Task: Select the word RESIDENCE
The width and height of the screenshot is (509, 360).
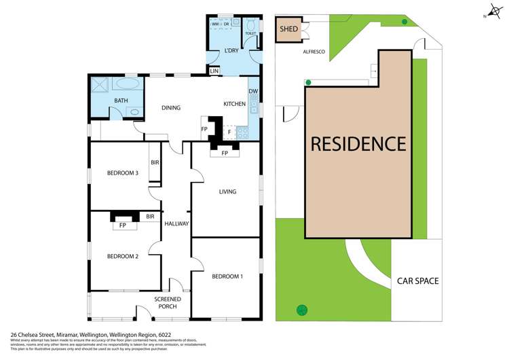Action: [x=358, y=144]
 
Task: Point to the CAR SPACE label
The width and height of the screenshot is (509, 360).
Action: [x=417, y=281]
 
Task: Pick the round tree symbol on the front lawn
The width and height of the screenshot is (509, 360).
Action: [x=301, y=310]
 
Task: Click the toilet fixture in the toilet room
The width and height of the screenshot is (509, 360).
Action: [x=250, y=22]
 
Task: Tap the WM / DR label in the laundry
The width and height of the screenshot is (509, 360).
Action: [x=223, y=24]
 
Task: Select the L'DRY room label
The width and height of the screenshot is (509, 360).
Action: [x=233, y=52]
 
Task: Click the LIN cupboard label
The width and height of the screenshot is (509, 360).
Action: [x=214, y=71]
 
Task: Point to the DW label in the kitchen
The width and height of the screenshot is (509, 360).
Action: [x=253, y=92]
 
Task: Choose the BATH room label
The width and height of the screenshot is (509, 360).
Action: [x=121, y=101]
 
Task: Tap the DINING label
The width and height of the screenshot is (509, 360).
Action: [x=170, y=107]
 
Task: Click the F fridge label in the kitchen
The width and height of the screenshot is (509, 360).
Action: [x=229, y=132]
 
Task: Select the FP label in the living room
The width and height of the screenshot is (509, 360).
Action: [x=225, y=154]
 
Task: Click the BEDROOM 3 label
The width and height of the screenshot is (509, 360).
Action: [x=123, y=173]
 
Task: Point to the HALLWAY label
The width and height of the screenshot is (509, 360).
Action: [x=176, y=223]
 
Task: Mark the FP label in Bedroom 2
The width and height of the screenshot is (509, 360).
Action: [x=123, y=225]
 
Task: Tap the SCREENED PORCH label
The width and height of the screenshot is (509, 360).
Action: [x=167, y=302]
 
